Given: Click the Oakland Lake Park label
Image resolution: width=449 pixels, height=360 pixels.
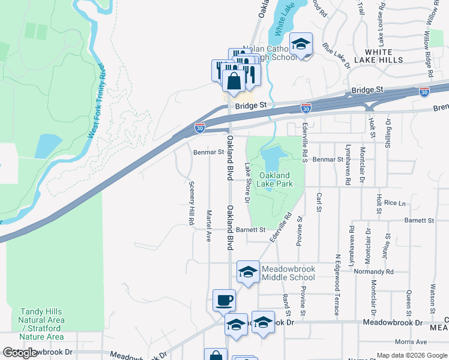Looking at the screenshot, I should click(276, 179).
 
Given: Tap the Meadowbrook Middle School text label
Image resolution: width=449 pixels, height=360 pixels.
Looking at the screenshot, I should click(289, 273).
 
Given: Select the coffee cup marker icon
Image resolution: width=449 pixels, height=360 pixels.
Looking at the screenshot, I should click(224, 300).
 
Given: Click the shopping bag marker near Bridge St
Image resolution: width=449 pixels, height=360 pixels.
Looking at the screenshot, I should click(234, 80).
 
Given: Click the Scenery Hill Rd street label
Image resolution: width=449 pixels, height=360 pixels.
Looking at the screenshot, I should click(191, 203).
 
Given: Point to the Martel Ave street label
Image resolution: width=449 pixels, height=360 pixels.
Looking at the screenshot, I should click(209, 226).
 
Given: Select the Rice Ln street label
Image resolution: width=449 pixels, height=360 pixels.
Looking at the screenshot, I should click(394, 203).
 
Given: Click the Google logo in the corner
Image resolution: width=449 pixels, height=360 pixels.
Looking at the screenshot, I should click(20, 353).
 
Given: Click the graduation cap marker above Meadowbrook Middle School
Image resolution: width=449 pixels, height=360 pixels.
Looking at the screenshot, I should click(248, 272).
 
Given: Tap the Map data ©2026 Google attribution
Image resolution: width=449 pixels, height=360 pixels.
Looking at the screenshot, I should click(411, 355).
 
